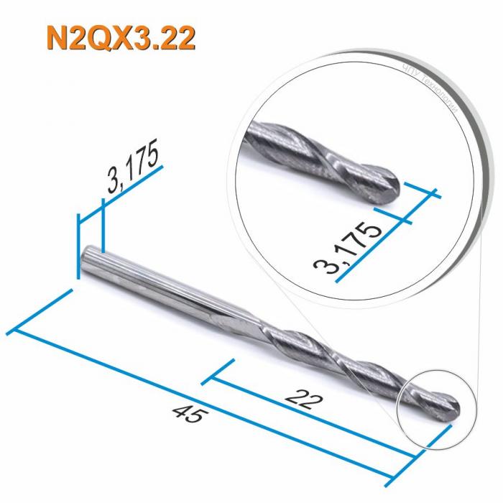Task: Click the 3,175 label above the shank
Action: point(134,172)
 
